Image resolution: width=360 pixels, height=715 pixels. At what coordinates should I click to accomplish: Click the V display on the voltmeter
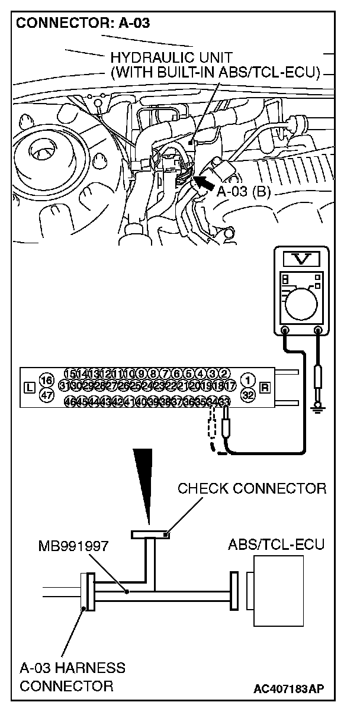tap(302, 259)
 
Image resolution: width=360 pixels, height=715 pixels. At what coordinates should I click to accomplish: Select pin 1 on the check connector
tap(249, 379)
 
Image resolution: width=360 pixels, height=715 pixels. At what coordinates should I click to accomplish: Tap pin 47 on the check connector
tap(46, 394)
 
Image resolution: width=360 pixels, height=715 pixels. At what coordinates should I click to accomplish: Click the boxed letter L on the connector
tap(29, 388)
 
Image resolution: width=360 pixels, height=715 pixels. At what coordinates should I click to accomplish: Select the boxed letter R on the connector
tap(265, 388)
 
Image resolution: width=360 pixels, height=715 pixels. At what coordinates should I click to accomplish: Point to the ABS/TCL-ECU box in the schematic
tap(278, 590)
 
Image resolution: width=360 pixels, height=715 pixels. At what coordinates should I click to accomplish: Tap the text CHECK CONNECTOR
tap(252, 488)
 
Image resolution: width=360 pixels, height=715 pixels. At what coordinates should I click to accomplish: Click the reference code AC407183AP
tap(289, 688)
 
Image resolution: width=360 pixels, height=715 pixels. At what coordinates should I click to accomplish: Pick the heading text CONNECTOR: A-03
tap(82, 24)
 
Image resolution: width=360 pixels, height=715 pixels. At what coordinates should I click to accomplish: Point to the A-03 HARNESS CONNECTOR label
tap(72, 677)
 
